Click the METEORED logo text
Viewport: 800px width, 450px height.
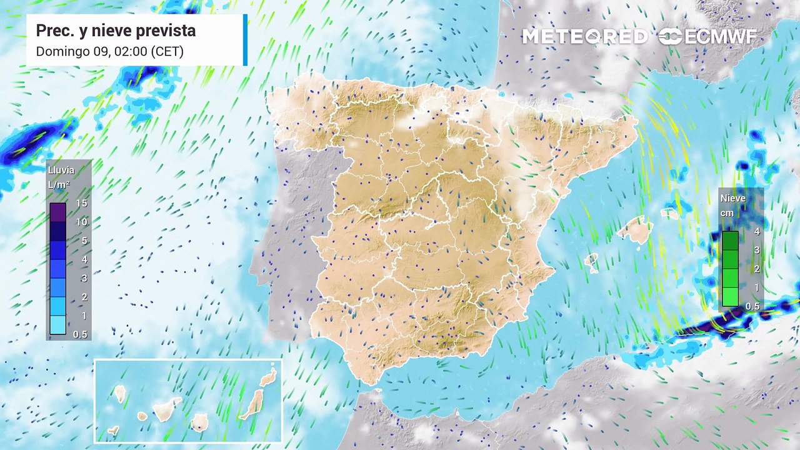click(x=584, y=37)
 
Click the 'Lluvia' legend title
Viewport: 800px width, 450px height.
click(x=61, y=170)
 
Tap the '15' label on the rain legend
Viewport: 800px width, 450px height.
click(x=81, y=203)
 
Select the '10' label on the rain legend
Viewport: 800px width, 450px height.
click(x=81, y=222)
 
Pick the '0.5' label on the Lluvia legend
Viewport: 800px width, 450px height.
click(x=80, y=334)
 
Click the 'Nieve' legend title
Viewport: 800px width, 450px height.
click(x=732, y=199)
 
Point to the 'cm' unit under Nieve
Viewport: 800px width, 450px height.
click(x=727, y=213)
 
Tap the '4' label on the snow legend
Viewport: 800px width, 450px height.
click(x=756, y=231)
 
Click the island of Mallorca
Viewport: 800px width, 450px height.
click(x=636, y=230)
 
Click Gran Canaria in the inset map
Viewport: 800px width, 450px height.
click(x=199, y=422)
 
